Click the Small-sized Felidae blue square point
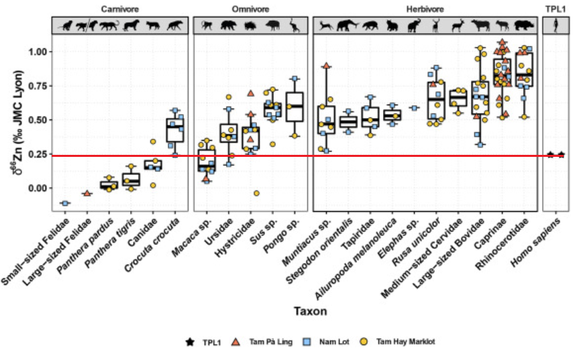tap(65, 203)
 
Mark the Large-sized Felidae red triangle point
tap(87, 193)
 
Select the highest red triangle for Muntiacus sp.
tap(326, 66)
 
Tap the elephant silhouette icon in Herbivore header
tap(415, 25)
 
